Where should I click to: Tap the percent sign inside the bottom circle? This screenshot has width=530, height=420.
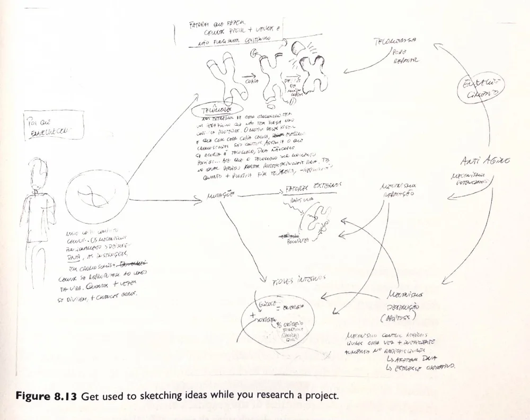(277, 325)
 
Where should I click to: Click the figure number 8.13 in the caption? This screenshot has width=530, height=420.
(66, 395)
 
